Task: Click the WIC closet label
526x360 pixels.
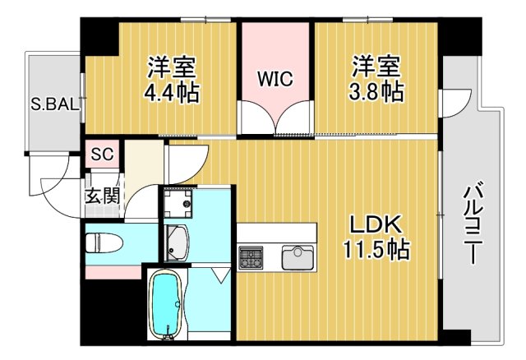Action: (275, 80)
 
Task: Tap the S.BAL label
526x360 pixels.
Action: (55, 104)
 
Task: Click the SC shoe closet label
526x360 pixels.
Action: (102, 154)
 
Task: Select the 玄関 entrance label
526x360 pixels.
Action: (102, 196)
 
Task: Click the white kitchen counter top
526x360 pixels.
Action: (276, 233)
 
